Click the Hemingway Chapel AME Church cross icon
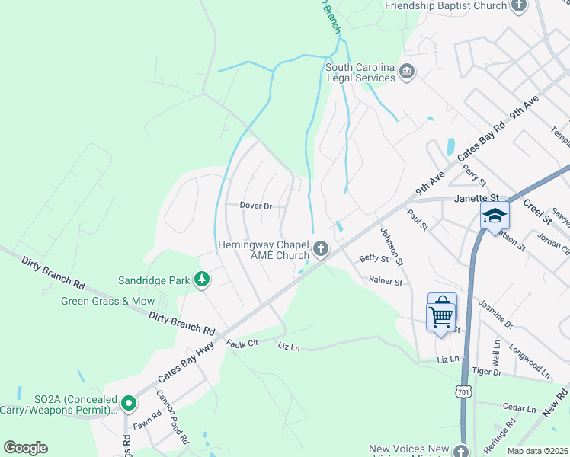point(321,249)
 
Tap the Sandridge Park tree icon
point(202,280)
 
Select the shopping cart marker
point(442,313)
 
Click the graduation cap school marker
point(495,216)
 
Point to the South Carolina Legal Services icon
point(408,72)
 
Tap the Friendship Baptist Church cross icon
point(519,6)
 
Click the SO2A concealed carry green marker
point(129,403)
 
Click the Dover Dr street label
point(256,206)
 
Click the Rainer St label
point(386,282)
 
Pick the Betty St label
point(373,259)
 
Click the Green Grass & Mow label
point(107,301)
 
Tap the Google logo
point(25,448)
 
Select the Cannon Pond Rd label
point(172,417)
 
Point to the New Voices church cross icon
point(460,450)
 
